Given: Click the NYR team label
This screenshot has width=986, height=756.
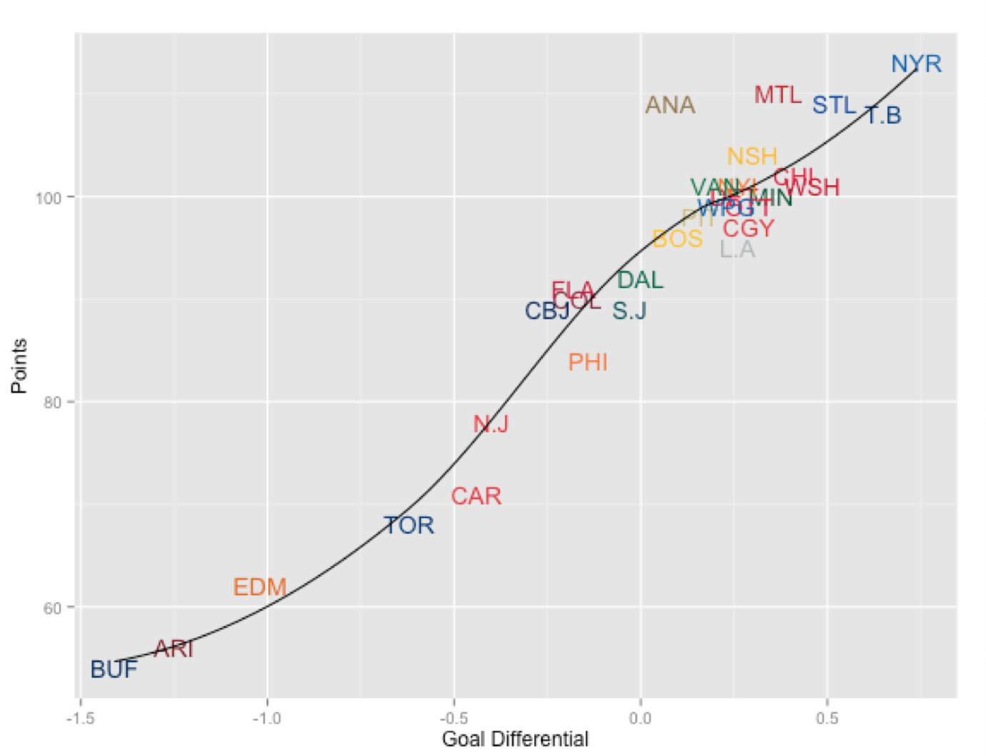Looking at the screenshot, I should (916, 64).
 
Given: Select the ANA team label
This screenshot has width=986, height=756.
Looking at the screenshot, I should (670, 106).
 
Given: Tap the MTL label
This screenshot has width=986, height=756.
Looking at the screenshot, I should (778, 95).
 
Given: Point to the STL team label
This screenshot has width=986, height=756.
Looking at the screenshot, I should (834, 106).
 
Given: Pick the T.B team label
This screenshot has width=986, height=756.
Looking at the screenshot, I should (884, 116).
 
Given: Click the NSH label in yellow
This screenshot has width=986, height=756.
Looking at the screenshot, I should (752, 156).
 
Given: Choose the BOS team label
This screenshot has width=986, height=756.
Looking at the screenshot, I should (677, 239).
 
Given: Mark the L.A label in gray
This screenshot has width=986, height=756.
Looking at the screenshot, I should (737, 249).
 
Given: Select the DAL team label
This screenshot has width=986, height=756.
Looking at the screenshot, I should (640, 280).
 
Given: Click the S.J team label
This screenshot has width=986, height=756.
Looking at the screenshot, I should (629, 311).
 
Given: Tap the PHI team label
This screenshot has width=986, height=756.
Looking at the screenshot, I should (588, 363).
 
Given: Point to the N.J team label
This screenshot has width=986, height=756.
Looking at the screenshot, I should (491, 424).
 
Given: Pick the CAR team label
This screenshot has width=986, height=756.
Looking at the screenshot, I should (476, 496).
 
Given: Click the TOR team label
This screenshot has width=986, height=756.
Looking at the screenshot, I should (409, 526).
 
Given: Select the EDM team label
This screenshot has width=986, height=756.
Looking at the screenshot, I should (259, 587).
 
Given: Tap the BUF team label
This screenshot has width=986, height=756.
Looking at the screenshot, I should (114, 670).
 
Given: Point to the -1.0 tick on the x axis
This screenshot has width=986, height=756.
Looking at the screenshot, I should (267, 717).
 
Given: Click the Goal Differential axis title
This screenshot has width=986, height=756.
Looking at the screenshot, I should (515, 739).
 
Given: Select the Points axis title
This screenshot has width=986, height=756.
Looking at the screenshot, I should (19, 366).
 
